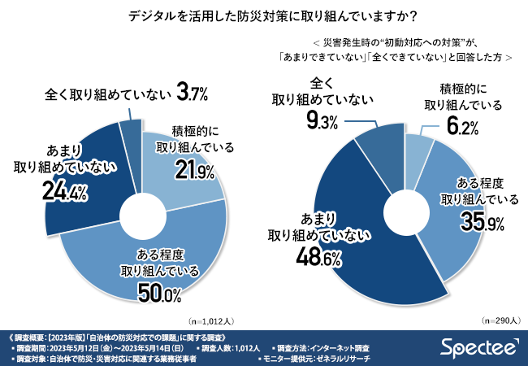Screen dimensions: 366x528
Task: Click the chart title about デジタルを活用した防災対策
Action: click(x=264, y=15)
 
